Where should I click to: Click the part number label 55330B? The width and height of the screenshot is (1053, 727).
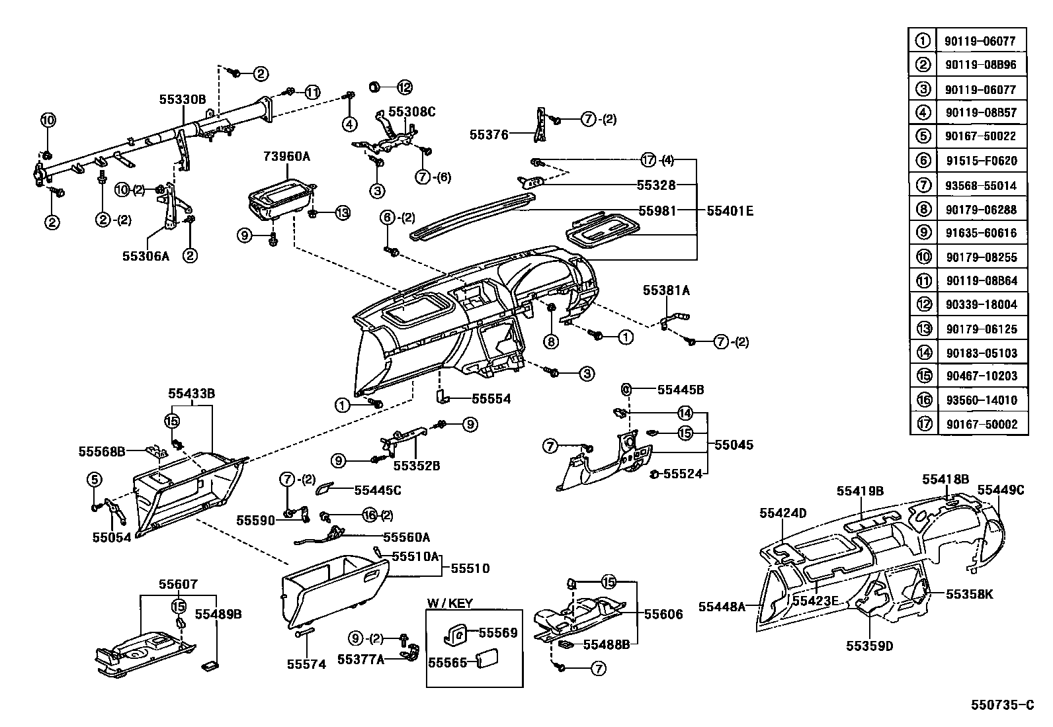pyautogui.click(x=182, y=99)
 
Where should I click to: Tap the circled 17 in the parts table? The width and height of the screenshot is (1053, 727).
pyautogui.click(x=923, y=424)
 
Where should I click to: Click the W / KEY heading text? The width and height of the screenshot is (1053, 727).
pyautogui.click(x=449, y=603)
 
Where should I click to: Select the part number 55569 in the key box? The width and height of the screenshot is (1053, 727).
pyautogui.click(x=497, y=632)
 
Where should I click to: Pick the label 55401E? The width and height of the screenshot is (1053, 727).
pyautogui.click(x=730, y=211)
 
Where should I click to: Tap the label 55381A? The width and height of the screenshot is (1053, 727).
pyautogui.click(x=666, y=290)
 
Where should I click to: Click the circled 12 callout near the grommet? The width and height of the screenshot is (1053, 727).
pyautogui.click(x=404, y=87)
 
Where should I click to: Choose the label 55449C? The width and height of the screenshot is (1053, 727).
pyautogui.click(x=1000, y=490)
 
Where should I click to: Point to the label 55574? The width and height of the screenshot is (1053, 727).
pyautogui.click(x=306, y=663)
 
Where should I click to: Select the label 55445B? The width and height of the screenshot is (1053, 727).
pyautogui.click(x=680, y=390)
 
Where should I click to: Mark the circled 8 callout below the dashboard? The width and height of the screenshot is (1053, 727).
pyautogui.click(x=551, y=341)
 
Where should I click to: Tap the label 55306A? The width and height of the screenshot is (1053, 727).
pyautogui.click(x=146, y=255)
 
